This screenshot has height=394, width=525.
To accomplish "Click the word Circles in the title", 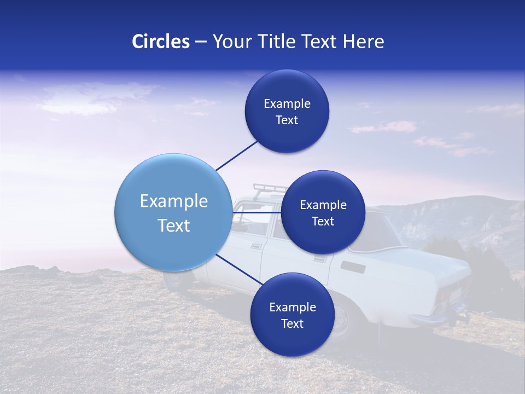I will click(x=160, y=42).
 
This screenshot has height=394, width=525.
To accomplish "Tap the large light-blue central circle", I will click(x=173, y=212).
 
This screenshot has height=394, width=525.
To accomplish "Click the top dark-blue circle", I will click(x=287, y=111).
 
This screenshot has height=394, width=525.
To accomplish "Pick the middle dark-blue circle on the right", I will click(x=323, y=212).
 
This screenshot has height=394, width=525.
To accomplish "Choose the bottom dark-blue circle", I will click(x=292, y=315).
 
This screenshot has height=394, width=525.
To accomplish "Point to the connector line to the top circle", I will click(x=237, y=155).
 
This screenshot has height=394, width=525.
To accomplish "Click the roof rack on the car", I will click(x=268, y=189).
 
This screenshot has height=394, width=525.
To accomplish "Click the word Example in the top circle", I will click(x=287, y=103).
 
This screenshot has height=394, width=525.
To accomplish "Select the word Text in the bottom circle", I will click(x=292, y=323).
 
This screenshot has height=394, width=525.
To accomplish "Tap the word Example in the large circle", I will click(x=173, y=201).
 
